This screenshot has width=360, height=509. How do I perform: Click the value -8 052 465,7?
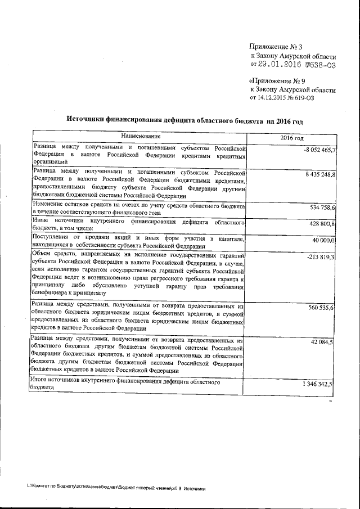(x=319, y=150)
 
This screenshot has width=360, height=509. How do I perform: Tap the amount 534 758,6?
(x=323, y=208)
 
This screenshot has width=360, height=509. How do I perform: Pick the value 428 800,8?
(x=323, y=224)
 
